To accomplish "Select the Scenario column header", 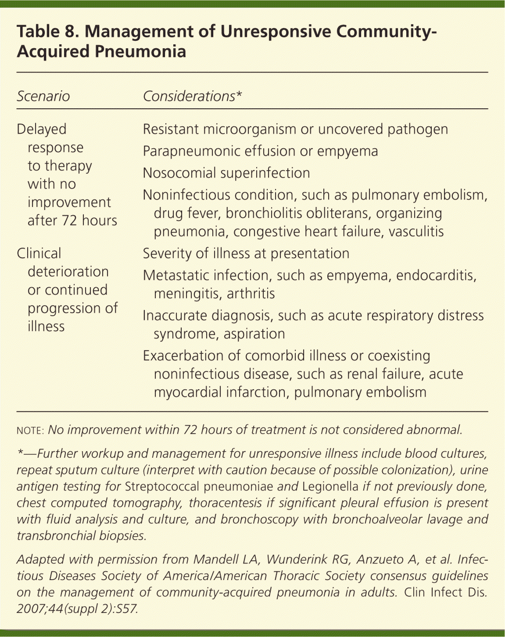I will (x=43, y=96).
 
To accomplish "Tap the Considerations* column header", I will (x=192, y=96).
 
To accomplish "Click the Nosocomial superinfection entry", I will (x=226, y=173).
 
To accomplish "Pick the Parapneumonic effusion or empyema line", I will (x=260, y=151).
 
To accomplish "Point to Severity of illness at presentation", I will (x=246, y=253).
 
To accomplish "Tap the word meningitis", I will (x=187, y=293).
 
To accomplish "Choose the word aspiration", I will (x=254, y=334).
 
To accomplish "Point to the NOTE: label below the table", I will (x=30, y=430).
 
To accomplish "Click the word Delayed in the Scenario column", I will (x=41, y=129).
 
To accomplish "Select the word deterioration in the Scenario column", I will (x=68, y=271).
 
